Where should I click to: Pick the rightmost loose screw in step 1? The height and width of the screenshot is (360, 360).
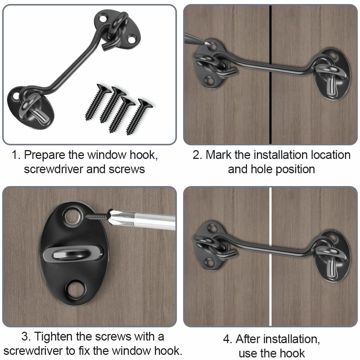click(139, 116)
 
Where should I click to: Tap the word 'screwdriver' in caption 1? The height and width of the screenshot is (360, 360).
click(54, 170)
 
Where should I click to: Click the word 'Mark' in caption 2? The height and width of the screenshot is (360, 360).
click(219, 155)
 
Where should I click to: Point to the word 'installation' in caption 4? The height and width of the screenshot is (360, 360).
click(278, 339)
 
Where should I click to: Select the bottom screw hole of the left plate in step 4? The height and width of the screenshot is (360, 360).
click(210, 262)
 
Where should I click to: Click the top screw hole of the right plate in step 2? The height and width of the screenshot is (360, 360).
click(333, 55)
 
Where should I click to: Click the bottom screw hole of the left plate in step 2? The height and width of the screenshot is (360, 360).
click(209, 80)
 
